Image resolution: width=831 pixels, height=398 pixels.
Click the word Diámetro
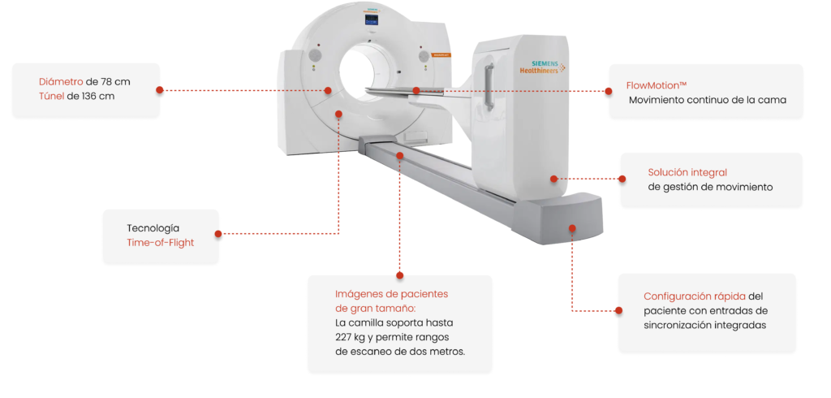(x=61, y=82)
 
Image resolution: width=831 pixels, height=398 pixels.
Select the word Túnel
(x=51, y=97)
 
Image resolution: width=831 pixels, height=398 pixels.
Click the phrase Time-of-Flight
(x=160, y=243)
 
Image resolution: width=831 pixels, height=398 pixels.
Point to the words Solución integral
(x=687, y=172)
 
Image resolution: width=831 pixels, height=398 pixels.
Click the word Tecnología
(x=153, y=228)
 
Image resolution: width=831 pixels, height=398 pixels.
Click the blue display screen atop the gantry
(x=372, y=19)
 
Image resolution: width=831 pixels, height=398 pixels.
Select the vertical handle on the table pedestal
(x=489, y=80)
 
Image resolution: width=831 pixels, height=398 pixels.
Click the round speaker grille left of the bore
(x=316, y=55)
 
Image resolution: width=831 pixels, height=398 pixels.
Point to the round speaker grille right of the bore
(x=424, y=55)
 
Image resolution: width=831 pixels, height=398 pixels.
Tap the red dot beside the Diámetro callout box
(x=160, y=90)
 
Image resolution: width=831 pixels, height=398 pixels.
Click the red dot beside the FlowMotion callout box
(x=609, y=91)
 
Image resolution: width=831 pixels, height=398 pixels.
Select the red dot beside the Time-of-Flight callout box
(x=217, y=233)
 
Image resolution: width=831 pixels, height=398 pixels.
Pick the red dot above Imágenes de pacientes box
(x=399, y=275)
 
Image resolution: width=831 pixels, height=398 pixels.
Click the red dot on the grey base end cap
(x=572, y=228)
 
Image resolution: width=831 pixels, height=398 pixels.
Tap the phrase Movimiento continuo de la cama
(x=708, y=100)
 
